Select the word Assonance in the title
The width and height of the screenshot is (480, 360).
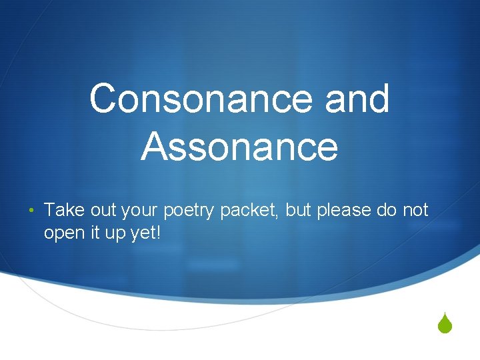coord(239,147)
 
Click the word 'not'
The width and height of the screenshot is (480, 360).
coord(416,211)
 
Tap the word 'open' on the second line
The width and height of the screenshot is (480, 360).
coord(63,235)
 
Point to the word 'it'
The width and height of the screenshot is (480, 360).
coord(93,233)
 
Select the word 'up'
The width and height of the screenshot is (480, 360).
coord(112,235)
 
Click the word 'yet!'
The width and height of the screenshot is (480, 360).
coord(142,234)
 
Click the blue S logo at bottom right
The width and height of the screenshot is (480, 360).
coord(446,326)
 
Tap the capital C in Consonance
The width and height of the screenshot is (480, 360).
coord(105,99)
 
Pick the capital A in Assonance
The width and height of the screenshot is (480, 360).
coord(155,147)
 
